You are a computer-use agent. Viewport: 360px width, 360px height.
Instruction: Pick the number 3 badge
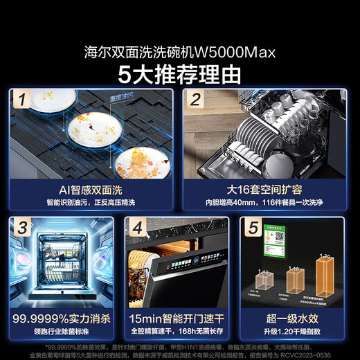coord(24,226)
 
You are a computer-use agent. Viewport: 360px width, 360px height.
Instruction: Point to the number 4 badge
coord(138,226)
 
